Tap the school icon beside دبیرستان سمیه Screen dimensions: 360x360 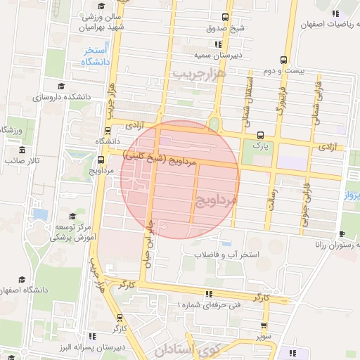pyautogui.click(x=196, y=54)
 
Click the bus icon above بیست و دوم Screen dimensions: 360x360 pyautogui.click(x=283, y=60)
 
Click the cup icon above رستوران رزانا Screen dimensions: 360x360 pyautogui.click(x=342, y=234)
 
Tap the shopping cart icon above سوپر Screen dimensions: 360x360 pyautogui.click(x=264, y=326)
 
